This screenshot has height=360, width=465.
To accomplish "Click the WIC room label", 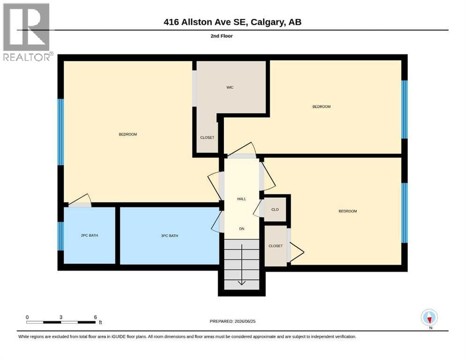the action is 230,87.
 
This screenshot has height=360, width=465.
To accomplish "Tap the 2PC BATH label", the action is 89,235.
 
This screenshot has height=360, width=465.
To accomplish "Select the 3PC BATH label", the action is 170,236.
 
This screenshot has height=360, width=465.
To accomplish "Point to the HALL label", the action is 242,199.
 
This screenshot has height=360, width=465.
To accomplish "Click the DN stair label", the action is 242,229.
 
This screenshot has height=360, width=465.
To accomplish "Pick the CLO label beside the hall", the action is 275,210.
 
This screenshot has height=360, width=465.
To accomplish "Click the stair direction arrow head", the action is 242,283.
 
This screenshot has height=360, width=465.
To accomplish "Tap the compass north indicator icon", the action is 429,317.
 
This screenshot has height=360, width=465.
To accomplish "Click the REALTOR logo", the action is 26,32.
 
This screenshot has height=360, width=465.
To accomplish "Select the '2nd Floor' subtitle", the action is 221,36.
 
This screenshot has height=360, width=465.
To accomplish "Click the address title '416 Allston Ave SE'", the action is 205,22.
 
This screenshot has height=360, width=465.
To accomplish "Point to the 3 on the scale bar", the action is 61,317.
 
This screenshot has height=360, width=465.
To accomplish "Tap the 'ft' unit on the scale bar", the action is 100,322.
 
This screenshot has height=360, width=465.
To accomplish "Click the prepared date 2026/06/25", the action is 245,321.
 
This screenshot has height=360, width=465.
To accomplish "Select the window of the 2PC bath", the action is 60,236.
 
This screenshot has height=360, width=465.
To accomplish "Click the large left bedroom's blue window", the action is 60,132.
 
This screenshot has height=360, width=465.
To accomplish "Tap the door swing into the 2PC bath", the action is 80,200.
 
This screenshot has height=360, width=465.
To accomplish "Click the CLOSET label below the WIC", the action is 207,137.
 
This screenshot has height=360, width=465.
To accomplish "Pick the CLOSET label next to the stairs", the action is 275,246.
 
